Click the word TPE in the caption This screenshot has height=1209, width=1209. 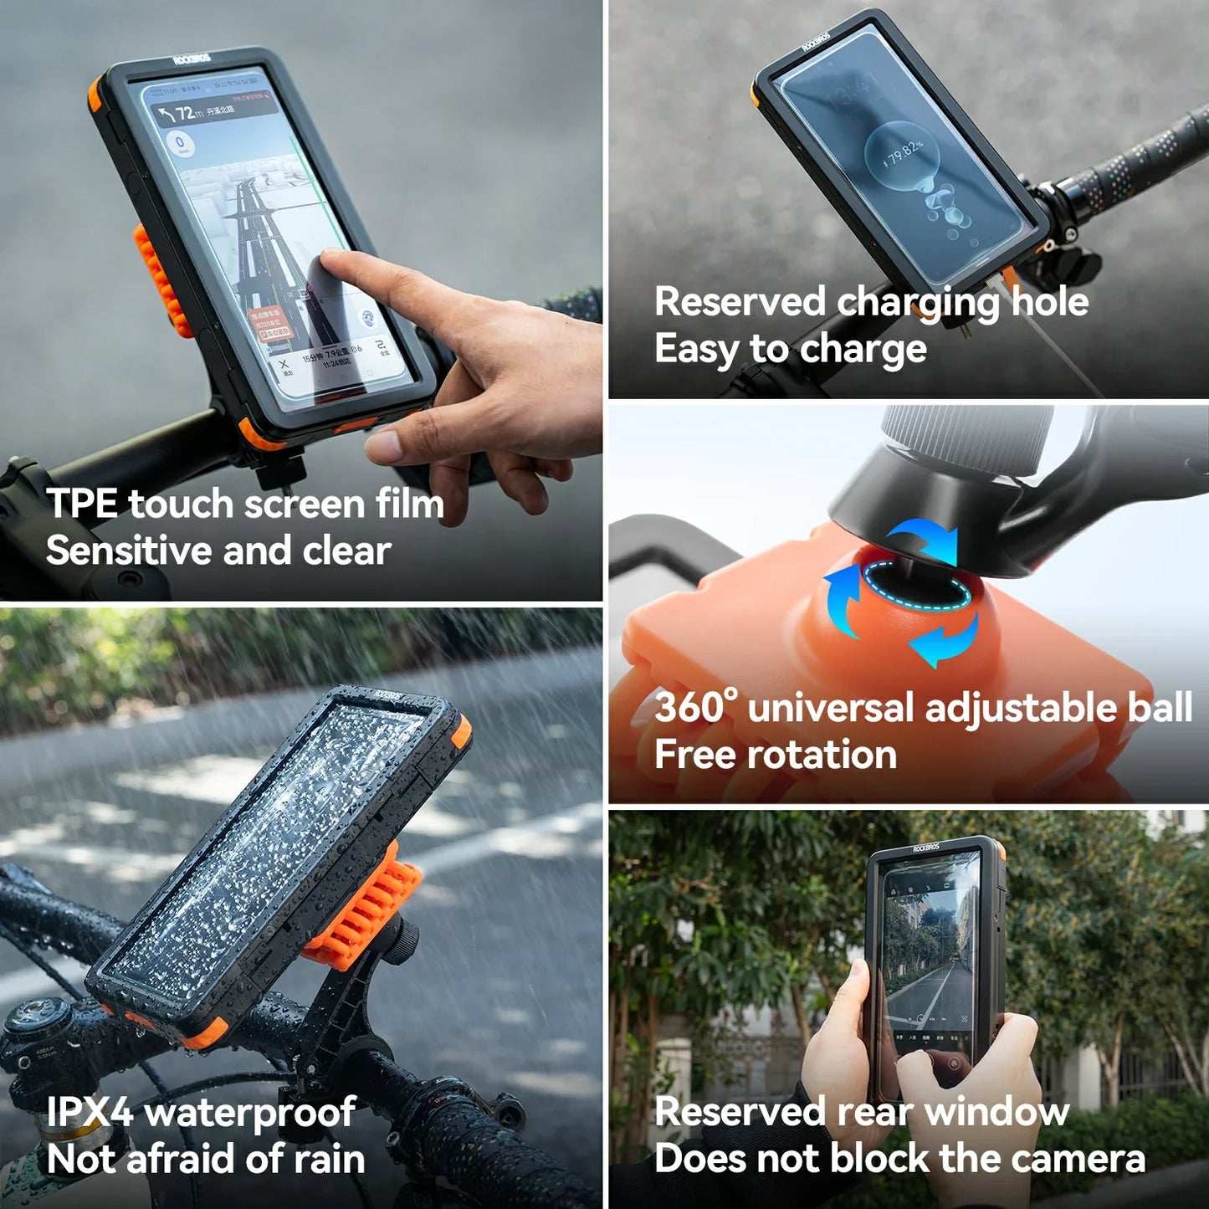tap(82, 504)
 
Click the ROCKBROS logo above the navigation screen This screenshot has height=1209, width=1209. tap(192, 59)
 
